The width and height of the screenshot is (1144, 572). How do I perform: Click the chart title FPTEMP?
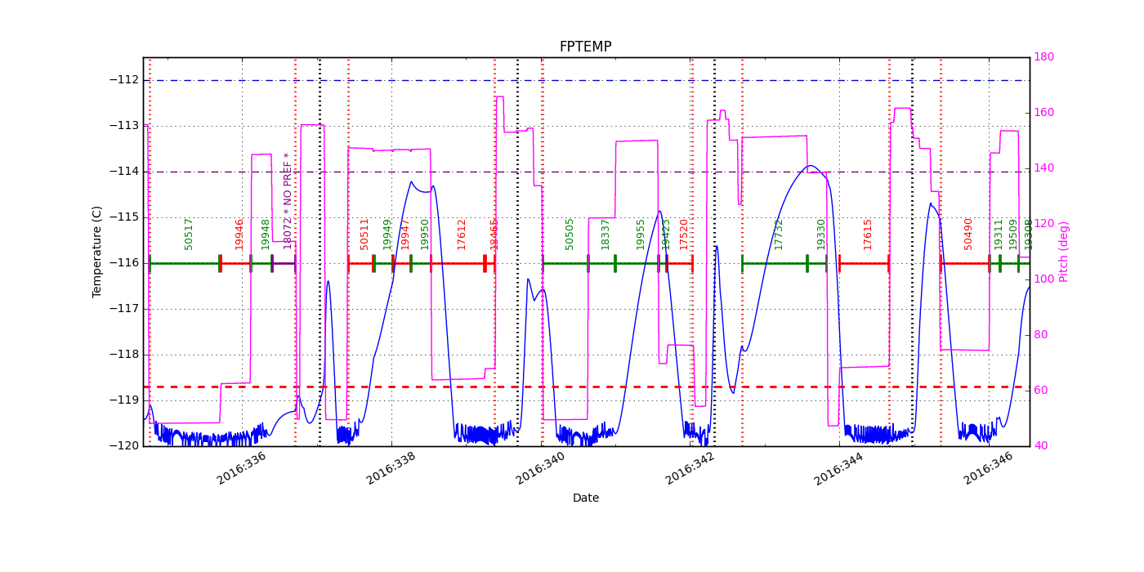pyautogui.click(x=585, y=47)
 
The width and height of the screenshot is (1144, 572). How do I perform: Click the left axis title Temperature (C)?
pyautogui.click(x=97, y=251)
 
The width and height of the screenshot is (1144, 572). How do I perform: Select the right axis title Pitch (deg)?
pyautogui.click(x=1064, y=251)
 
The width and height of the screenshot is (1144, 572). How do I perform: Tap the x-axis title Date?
pyautogui.click(x=585, y=498)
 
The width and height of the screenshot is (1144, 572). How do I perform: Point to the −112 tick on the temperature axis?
pyautogui.click(x=123, y=80)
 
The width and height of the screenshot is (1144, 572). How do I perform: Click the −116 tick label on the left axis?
pyautogui.click(x=123, y=263)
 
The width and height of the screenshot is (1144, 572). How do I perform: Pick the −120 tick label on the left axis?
pyautogui.click(x=123, y=446)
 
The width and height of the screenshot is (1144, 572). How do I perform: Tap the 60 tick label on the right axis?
pyautogui.click(x=1043, y=391)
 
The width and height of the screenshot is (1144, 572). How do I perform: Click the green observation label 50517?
pyautogui.click(x=189, y=233)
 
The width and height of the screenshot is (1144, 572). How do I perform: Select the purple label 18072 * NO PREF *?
pyautogui.click(x=288, y=200)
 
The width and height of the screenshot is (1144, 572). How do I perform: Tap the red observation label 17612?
pyautogui.click(x=462, y=234)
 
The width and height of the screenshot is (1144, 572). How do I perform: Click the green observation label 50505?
pyautogui.click(x=570, y=233)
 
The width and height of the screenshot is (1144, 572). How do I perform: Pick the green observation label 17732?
pyautogui.click(x=779, y=234)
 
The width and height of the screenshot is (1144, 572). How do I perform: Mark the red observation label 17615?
pyautogui.click(x=868, y=234)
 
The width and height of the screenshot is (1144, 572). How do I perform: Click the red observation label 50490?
pyautogui.click(x=968, y=233)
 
